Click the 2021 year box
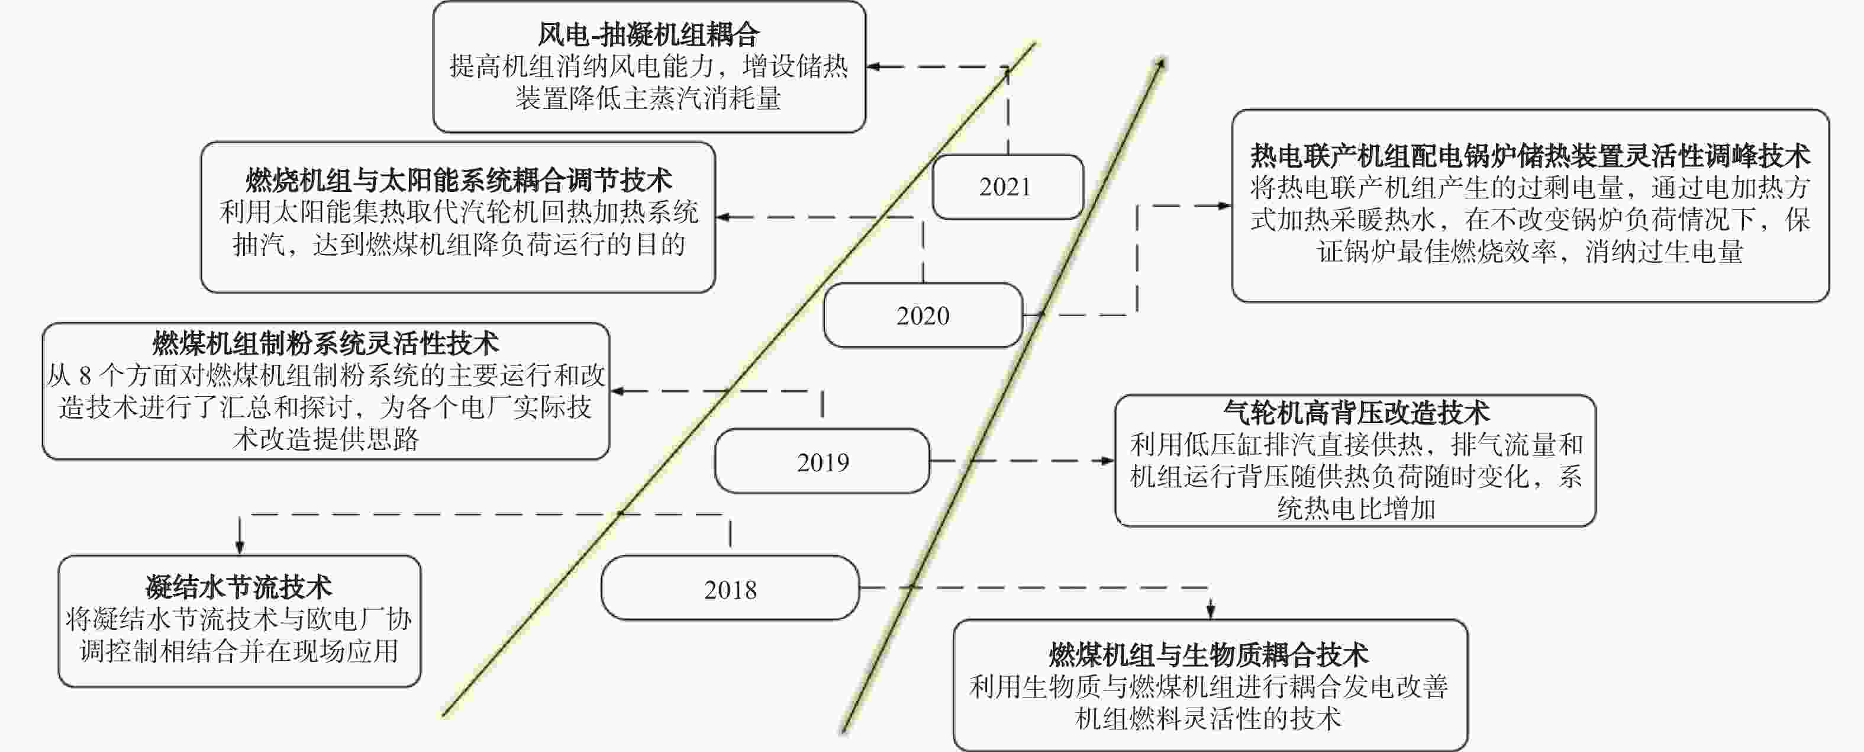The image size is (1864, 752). (1007, 187)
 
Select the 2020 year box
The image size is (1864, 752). (923, 315)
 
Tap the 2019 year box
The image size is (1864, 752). (822, 461)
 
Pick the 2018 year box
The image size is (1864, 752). (730, 588)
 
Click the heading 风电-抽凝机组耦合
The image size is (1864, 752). (649, 34)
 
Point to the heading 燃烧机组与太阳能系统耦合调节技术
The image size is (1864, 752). (459, 179)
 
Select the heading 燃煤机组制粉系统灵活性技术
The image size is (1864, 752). (325, 343)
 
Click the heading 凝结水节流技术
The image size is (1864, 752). (239, 587)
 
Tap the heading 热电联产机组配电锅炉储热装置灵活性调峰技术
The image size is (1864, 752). (1530, 155)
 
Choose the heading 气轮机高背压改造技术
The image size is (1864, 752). (1356, 412)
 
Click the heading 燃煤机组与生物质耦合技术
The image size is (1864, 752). (1209, 654)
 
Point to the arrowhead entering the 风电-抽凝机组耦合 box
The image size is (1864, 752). (873, 66)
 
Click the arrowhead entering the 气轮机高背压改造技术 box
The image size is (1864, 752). (1108, 460)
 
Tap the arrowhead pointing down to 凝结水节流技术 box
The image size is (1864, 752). (240, 547)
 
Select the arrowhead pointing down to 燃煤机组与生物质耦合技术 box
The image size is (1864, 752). (1211, 612)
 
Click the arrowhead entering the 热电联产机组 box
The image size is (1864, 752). (1224, 205)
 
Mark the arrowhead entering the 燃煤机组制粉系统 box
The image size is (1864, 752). (617, 391)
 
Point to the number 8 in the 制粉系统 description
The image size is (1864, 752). (85, 375)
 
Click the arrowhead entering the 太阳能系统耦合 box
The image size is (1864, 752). (723, 216)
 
